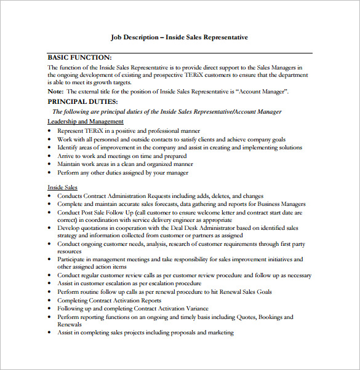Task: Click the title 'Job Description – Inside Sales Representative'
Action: (179, 37)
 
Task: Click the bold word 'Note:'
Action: (55, 92)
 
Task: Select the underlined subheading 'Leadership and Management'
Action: (86, 122)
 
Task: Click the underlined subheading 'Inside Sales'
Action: (63, 187)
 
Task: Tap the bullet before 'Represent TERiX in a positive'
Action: (50, 131)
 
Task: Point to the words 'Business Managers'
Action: (281, 204)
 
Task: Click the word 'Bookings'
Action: (275, 317)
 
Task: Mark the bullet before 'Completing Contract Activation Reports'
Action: (50, 301)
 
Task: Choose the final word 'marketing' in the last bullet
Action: (220, 333)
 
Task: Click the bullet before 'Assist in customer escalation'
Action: (50, 284)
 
